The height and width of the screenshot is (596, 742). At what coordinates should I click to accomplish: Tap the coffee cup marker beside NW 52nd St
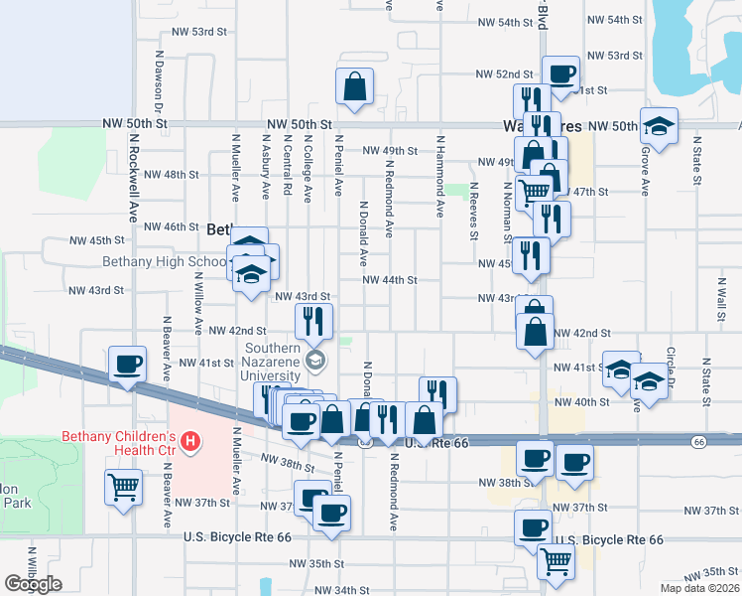(x=560, y=74)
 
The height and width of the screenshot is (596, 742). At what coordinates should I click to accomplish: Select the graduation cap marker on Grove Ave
(x=659, y=125)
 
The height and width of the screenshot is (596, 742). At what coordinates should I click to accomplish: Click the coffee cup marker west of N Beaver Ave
(x=127, y=364)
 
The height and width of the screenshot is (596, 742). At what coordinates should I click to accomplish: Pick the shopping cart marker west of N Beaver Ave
(x=123, y=487)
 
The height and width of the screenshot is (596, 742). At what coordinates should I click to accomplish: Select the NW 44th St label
(x=390, y=280)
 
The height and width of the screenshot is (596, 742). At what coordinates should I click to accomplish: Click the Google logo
(x=32, y=584)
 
